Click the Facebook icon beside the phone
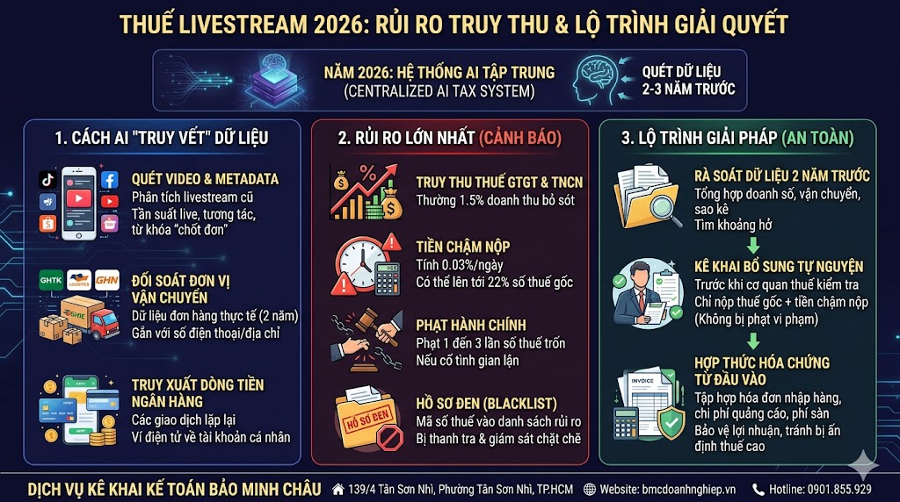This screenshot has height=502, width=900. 109,179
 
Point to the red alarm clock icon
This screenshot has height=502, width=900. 358,261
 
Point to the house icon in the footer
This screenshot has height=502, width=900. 337,489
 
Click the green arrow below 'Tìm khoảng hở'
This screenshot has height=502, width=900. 753,245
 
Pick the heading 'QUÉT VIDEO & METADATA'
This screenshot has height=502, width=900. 205,179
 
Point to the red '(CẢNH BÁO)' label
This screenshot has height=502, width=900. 520,137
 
